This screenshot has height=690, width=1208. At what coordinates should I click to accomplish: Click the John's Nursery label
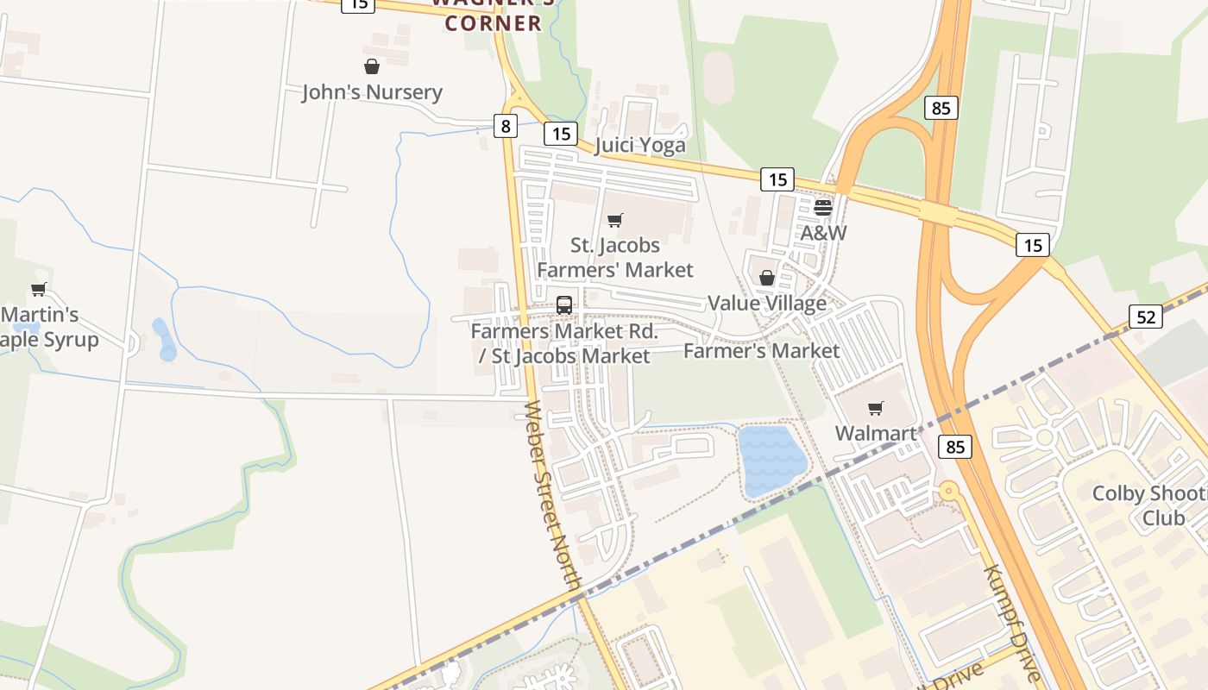click(372, 92)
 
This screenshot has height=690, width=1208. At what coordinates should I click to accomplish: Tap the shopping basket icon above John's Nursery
click(372, 66)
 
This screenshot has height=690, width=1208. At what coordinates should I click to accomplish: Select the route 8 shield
click(505, 127)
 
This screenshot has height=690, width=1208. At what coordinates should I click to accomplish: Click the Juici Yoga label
click(640, 145)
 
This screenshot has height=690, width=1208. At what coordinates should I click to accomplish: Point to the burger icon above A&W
click(822, 207)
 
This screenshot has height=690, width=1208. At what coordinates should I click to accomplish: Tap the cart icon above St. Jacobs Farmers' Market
click(614, 221)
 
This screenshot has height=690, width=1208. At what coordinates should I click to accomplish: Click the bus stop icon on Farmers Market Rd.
click(563, 304)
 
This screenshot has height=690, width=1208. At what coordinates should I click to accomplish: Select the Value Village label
click(766, 304)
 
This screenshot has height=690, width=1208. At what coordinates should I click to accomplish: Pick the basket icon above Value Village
click(766, 278)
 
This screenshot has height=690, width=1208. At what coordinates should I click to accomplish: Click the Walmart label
click(876, 433)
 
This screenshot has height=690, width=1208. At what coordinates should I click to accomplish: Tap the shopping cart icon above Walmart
click(876, 408)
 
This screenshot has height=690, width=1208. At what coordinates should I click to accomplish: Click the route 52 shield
click(1145, 317)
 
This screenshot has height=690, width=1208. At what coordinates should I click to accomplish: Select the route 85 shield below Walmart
click(954, 447)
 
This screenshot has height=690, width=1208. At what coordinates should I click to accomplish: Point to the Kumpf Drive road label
click(1013, 618)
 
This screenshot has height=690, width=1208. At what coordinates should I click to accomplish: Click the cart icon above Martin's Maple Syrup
click(38, 290)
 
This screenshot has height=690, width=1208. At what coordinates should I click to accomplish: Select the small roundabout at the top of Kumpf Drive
click(949, 492)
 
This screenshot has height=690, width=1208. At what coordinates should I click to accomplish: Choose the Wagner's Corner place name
click(493, 17)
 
